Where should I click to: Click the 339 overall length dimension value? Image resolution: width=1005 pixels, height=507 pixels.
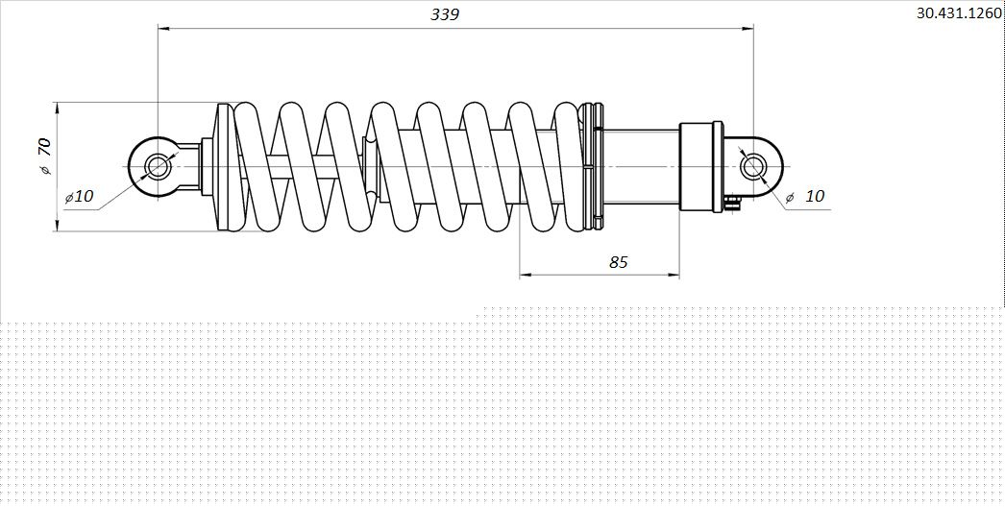pos(445,14)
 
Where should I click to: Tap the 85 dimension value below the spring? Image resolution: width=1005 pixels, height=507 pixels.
pos(619,261)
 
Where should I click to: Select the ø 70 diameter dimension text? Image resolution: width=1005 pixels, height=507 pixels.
pos(45,157)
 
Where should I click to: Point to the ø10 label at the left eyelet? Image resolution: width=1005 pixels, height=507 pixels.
pos(79,196)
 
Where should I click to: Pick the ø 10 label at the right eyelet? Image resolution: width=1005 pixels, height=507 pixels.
pos(805,196)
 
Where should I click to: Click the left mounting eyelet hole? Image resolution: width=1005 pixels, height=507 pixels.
pos(157,167)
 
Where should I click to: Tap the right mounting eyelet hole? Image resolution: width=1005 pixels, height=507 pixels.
pos(752,167)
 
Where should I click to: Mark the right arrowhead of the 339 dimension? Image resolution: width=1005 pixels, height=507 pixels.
pos(747,28)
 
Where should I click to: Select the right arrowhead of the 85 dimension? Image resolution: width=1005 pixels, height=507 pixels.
pos(673,275)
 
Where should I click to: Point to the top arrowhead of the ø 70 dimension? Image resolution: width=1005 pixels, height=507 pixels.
pos(57,109)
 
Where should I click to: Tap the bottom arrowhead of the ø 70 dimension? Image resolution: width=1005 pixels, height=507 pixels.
pos(57,224)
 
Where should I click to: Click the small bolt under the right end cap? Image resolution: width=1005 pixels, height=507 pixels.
pos(733,203)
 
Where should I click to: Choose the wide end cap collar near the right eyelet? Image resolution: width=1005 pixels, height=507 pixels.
pos(701,167)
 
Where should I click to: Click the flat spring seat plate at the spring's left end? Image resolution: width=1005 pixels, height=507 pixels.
pos(225,167)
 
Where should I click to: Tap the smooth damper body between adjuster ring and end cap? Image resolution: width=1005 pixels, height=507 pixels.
pos(642,167)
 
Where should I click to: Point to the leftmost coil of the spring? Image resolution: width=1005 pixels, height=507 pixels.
pos(256,167)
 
